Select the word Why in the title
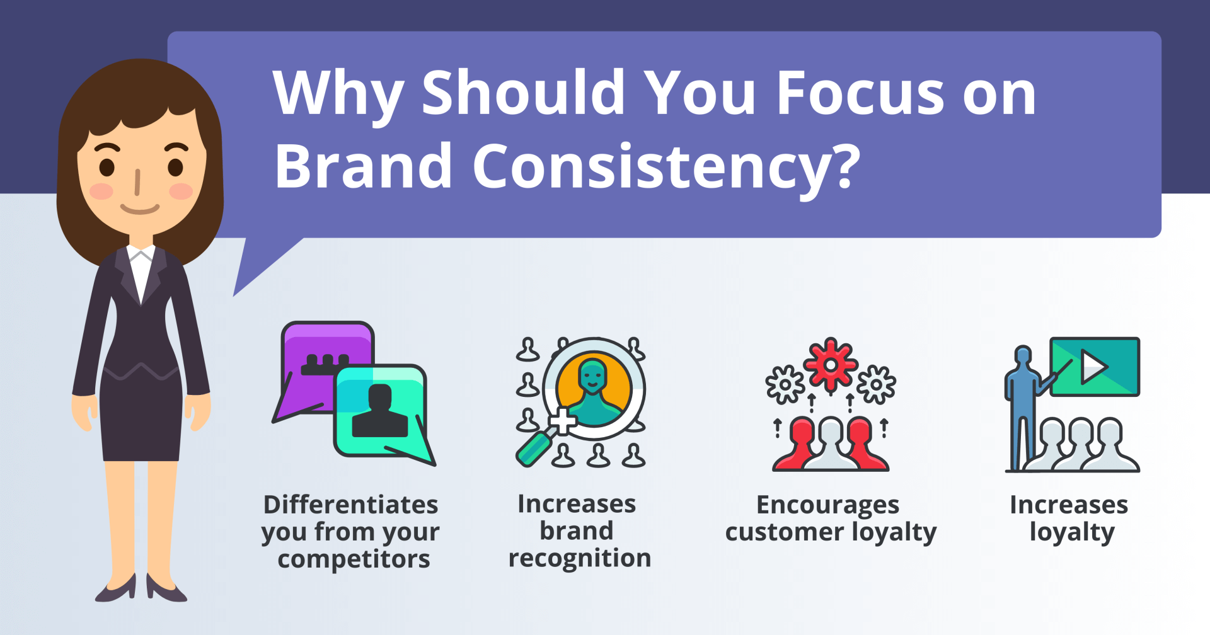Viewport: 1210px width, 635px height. (x=338, y=94)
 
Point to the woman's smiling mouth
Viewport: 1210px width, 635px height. (x=139, y=209)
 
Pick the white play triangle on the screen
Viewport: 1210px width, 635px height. (x=1093, y=367)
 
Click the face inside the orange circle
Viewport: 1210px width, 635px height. (x=592, y=377)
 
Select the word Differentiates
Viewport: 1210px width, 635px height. (x=351, y=505)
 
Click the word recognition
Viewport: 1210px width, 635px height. (x=580, y=559)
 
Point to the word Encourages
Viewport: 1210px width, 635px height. (x=828, y=506)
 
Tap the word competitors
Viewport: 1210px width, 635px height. (x=354, y=559)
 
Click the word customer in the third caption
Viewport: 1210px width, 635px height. (x=785, y=533)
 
